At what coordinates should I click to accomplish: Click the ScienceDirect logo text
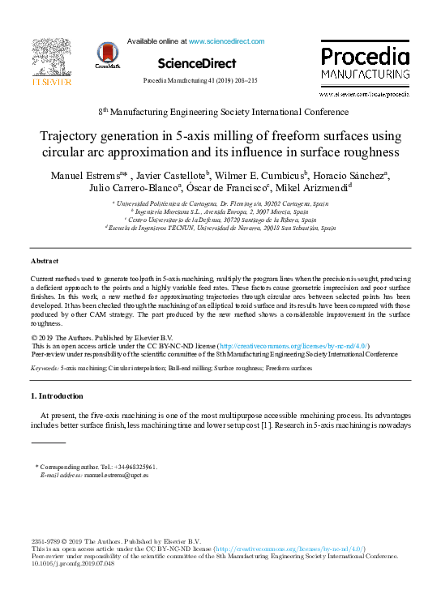(197, 63)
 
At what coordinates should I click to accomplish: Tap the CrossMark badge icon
(106, 53)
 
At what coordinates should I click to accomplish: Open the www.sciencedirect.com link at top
(226, 41)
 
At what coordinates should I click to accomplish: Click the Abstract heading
(45, 262)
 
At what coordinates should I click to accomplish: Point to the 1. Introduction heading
(57, 396)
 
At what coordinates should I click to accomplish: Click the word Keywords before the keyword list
(45, 368)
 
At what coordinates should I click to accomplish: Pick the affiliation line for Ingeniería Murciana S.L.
(224, 211)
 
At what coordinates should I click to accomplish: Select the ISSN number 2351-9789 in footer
(45, 541)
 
